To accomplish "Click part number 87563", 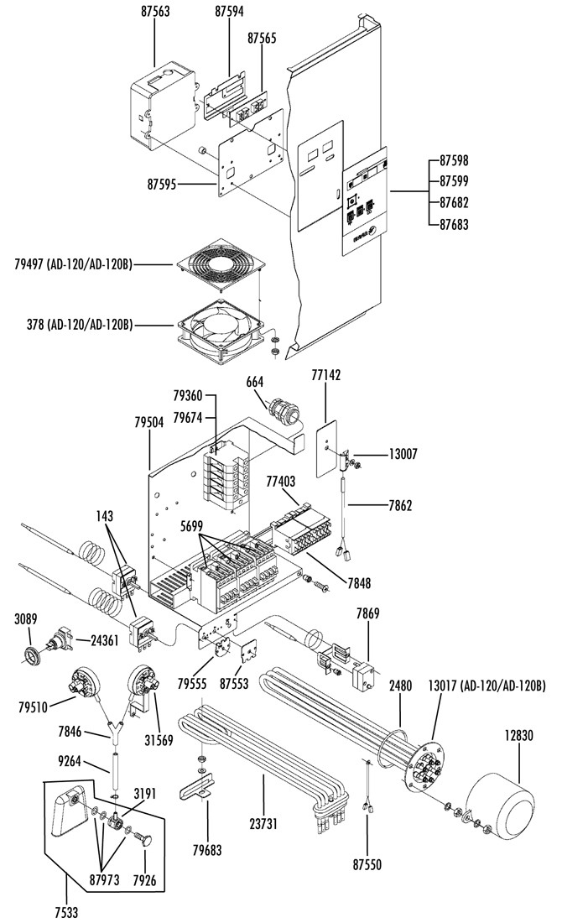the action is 155,12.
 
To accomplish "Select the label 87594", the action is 229,12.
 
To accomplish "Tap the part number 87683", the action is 455,224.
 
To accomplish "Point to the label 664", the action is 255,382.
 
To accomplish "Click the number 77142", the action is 325,375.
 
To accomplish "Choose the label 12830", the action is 518,735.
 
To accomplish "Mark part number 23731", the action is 263,823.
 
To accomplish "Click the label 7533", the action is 66,913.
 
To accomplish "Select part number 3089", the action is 26,618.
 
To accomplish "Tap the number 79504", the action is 148,422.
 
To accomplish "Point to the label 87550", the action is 367,864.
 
